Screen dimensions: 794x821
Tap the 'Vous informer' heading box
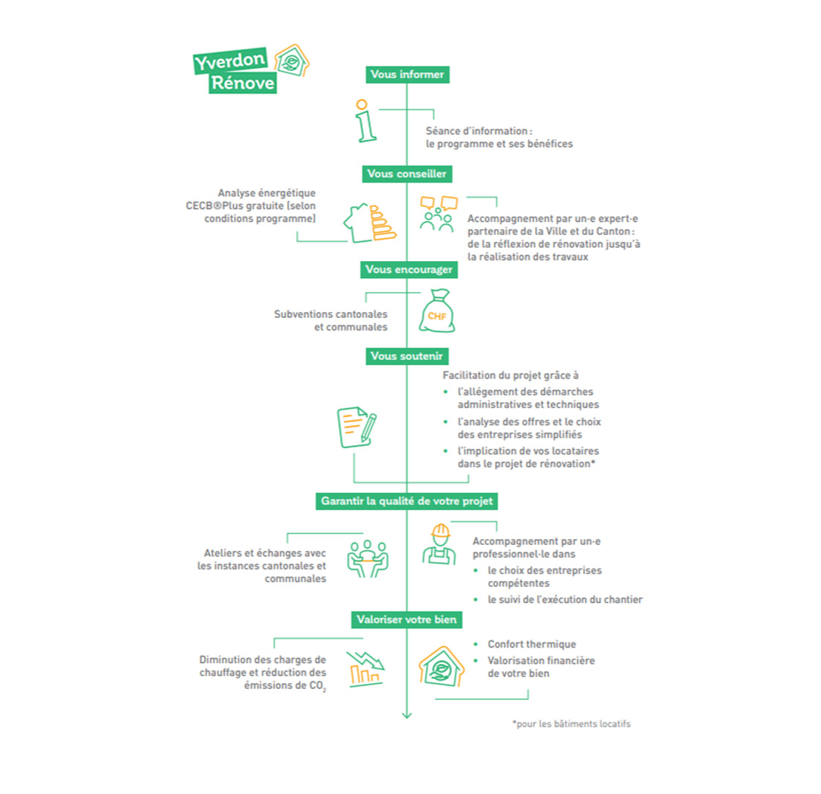click(407, 75)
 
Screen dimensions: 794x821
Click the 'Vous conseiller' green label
click(408, 174)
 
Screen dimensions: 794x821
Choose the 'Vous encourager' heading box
click(408, 270)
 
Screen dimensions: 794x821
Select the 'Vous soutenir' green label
click(407, 356)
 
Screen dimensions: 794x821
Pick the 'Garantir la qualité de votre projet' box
click(407, 501)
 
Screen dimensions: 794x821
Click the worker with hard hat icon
click(439, 545)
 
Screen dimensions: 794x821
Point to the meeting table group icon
click(368, 556)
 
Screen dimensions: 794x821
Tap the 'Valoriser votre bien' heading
click(407, 620)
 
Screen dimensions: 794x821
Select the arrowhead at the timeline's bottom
click(406, 714)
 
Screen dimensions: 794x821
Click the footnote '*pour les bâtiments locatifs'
click(571, 724)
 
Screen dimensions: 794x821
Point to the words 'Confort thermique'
click(531, 645)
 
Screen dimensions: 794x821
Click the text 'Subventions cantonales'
click(330, 313)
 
